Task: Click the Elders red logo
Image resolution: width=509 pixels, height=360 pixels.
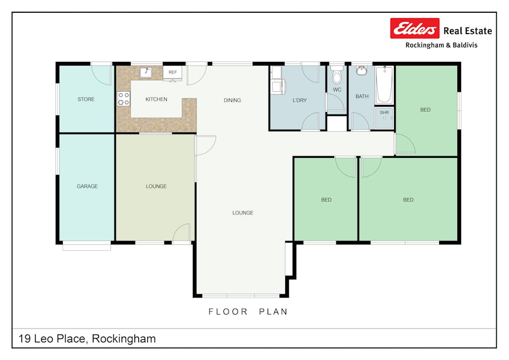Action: click(415, 28)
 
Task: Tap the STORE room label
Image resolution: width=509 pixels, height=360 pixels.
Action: click(86, 99)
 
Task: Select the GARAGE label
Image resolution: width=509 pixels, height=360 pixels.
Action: click(87, 186)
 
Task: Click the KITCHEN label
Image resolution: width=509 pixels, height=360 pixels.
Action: click(156, 99)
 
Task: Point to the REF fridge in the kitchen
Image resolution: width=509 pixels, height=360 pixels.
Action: click(173, 72)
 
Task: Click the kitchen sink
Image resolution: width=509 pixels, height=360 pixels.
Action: click(147, 72)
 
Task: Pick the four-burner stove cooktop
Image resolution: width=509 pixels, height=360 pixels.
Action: click(124, 99)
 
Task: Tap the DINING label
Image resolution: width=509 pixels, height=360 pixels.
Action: click(232, 100)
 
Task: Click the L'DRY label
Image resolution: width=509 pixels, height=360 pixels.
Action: click(300, 100)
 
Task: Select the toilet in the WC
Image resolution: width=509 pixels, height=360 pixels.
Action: click(337, 75)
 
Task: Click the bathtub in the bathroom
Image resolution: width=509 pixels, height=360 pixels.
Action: click(384, 85)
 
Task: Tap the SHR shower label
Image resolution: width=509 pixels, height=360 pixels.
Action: click(384, 113)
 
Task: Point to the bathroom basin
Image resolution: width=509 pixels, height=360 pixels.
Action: click(362, 70)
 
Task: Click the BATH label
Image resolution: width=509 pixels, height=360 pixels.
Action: click(362, 97)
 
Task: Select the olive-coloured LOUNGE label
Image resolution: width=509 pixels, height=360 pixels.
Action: click(156, 186)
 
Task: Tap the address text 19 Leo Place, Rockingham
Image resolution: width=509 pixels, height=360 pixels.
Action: click(87, 339)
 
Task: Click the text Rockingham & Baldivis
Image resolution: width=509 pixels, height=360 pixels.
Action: click(441, 45)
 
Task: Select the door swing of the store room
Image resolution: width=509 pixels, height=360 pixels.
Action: click(102, 74)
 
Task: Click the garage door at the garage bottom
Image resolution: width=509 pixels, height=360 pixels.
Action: click(87, 246)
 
